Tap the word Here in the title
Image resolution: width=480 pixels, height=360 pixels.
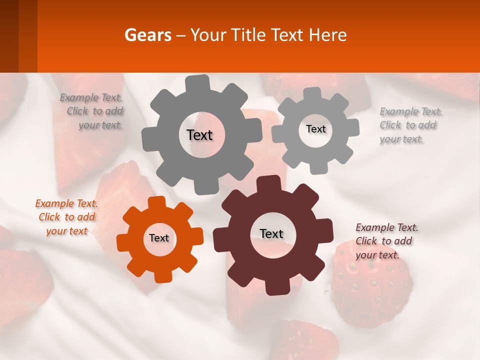pos(327,35)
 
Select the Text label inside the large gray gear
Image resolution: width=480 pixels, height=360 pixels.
pos(199,135)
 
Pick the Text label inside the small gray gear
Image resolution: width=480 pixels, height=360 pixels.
pos(315,129)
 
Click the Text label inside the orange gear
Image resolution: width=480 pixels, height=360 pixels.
pos(159,238)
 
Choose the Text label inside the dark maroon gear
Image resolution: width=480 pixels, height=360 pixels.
pos(271,233)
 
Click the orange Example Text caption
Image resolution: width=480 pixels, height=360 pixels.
pos(66,217)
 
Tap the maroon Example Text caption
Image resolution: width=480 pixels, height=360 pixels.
pos(386,241)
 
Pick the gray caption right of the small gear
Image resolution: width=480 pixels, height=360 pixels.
pos(410,125)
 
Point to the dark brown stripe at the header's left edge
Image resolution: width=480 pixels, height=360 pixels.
pos(9,36)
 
